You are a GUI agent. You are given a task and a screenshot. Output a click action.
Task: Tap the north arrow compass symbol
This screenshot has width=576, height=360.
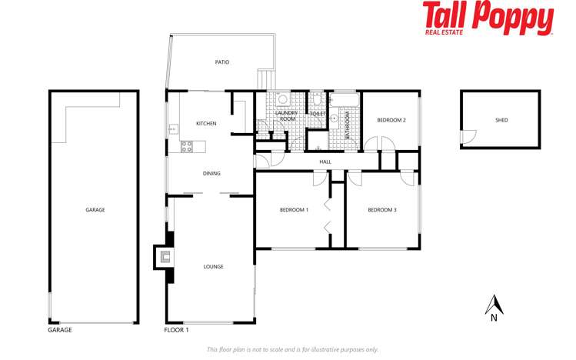tap(493, 306)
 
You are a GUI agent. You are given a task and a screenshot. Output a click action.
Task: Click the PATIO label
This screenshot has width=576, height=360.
tap(221, 62)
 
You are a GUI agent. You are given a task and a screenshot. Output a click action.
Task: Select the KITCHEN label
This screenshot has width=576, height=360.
tap(206, 124)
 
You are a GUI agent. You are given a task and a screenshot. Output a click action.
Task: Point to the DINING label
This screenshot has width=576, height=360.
tap(211, 174)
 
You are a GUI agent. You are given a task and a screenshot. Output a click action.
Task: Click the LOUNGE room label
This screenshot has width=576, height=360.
tap(213, 267)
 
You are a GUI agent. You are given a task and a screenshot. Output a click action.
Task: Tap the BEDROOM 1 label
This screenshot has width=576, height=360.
tap(293, 210)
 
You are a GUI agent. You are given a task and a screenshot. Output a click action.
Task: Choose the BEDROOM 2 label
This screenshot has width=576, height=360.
tap(391, 120)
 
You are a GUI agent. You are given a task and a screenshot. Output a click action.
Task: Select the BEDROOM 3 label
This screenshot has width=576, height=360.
tap(381, 210)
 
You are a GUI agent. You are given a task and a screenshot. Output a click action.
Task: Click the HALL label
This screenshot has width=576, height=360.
tap(325, 162)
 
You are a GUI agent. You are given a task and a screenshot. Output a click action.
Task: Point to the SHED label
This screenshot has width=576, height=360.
tap(501, 121)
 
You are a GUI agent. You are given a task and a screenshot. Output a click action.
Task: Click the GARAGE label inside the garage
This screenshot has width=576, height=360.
tap(95, 209)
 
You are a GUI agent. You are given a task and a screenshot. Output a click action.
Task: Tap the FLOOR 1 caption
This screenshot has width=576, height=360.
tap(176, 330)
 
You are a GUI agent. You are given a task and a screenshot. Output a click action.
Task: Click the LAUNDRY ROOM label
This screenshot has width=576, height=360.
tap(287, 117)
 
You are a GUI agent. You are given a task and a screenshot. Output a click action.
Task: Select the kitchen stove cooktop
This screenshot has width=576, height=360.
tap(187, 146)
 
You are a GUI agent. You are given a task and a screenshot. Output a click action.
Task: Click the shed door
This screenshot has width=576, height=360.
tap(464, 137)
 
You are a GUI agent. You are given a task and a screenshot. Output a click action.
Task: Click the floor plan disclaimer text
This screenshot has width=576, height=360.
tap(292, 350)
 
